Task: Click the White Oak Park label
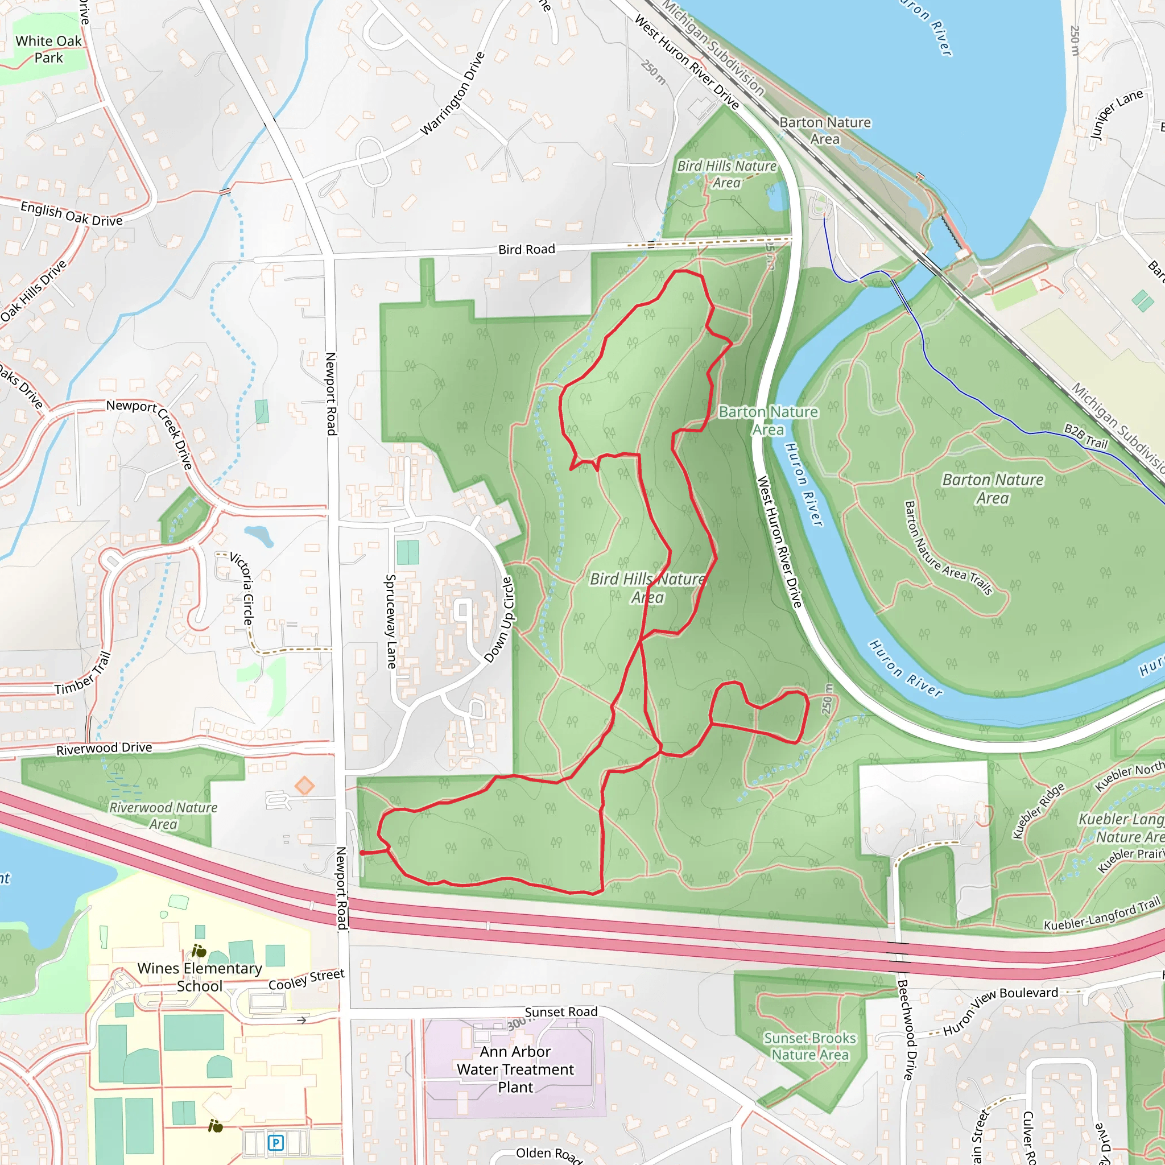pos(48,49)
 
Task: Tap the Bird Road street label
pos(526,249)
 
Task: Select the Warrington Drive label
pos(452,94)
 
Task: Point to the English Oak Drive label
pos(71,213)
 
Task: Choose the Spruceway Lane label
pos(391,622)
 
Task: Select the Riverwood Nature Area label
pos(163,815)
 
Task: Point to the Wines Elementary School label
pos(200,977)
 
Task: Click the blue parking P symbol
pos(275,1142)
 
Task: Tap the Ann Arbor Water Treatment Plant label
pos(515,1069)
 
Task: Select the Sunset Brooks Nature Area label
pos(810,1046)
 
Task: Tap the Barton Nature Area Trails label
pos(948,548)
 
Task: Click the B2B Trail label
pos(1086,436)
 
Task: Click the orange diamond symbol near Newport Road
pos(304,786)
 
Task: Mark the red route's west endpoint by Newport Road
pos(362,853)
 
